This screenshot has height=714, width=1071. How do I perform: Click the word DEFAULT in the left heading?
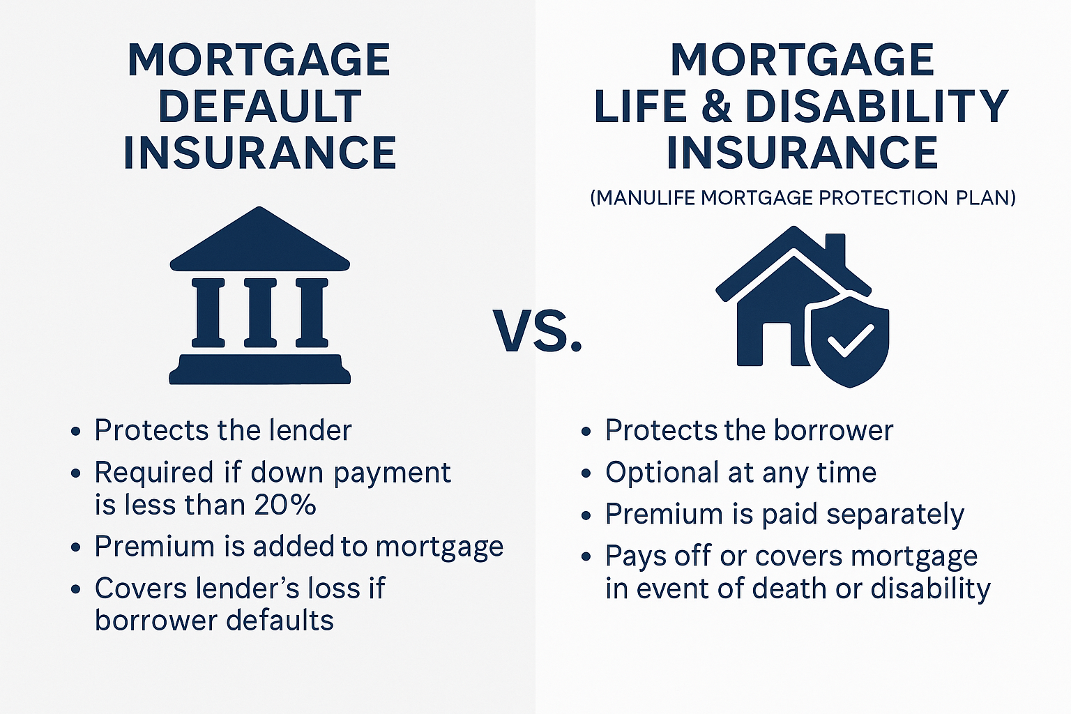point(259,107)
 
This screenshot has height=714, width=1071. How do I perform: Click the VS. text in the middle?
point(538,330)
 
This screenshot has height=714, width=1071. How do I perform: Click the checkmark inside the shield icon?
point(849,340)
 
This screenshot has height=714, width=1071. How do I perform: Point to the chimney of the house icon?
point(835,250)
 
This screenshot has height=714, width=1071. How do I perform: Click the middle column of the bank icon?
point(260,312)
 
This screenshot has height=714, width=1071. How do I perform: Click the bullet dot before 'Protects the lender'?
point(76,432)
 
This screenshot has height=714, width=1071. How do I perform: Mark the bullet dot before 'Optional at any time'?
point(586,474)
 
